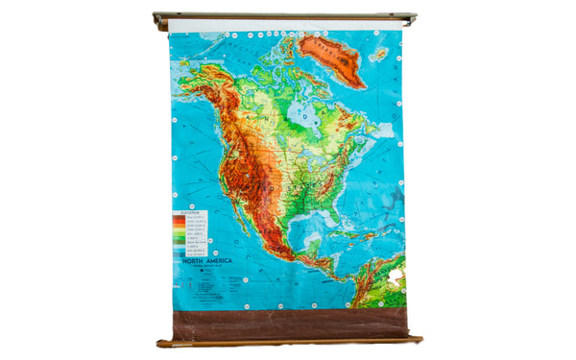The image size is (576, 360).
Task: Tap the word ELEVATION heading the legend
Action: pos(190,213)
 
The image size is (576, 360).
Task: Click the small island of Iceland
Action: pos(380,55)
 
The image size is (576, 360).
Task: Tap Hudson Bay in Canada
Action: pos(302,113)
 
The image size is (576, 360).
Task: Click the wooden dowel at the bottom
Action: pos(288,341)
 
